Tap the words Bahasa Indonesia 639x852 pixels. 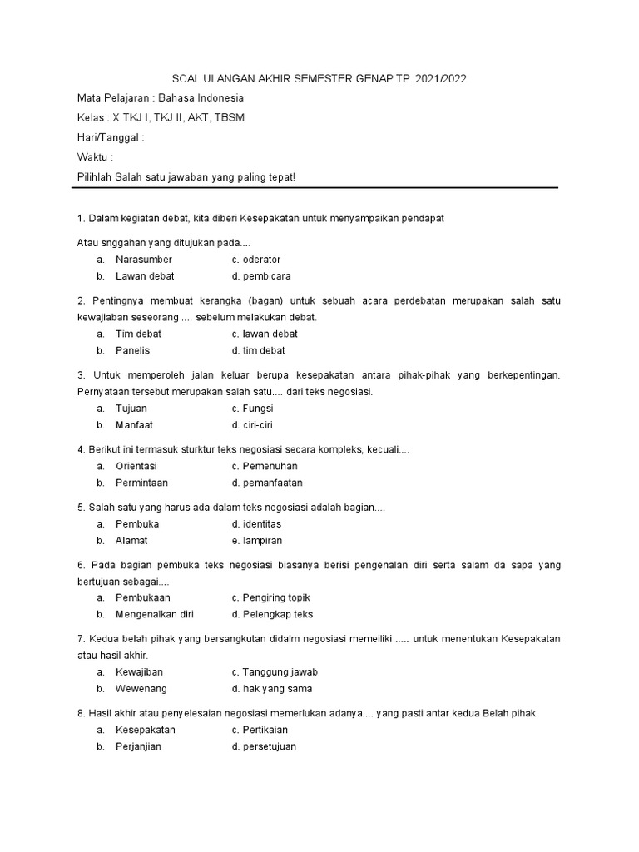201,97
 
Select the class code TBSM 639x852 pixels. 229,117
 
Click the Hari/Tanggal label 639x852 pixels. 111,137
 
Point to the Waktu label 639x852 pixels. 95,157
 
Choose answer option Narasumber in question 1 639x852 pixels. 144,260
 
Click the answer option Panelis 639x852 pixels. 133,350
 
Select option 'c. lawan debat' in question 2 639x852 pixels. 265,334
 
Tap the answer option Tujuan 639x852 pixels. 131,409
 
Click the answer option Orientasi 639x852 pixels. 136,466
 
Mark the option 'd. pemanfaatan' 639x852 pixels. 267,483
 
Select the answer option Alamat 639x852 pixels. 132,540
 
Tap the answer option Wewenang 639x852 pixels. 141,688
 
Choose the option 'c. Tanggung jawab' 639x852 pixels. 275,671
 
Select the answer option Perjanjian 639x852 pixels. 139,746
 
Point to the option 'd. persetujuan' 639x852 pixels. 264,746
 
